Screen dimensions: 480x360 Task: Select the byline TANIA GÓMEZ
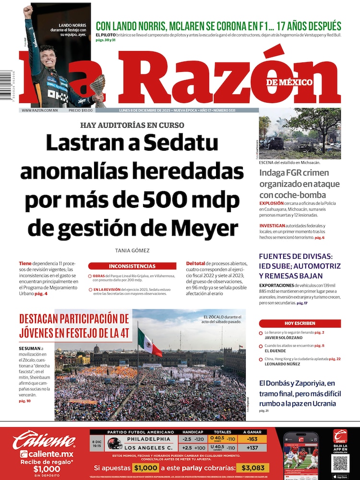132,251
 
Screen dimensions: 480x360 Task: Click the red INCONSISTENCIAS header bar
132,266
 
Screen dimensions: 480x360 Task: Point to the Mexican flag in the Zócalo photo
149,342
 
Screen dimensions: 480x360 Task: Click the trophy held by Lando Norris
97,87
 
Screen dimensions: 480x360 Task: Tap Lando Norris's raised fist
28,11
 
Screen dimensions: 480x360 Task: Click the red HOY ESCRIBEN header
300,324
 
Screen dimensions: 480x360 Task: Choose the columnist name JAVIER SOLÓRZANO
283,337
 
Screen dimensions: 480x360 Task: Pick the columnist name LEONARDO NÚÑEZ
282,364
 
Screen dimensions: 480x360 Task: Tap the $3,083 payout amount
252,468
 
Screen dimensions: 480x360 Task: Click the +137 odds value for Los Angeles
252,447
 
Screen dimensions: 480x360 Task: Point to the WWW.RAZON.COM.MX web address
40,110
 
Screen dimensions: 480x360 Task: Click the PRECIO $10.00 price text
81,110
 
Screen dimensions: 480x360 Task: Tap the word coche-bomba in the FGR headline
292,195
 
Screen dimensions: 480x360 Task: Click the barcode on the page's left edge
6,84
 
